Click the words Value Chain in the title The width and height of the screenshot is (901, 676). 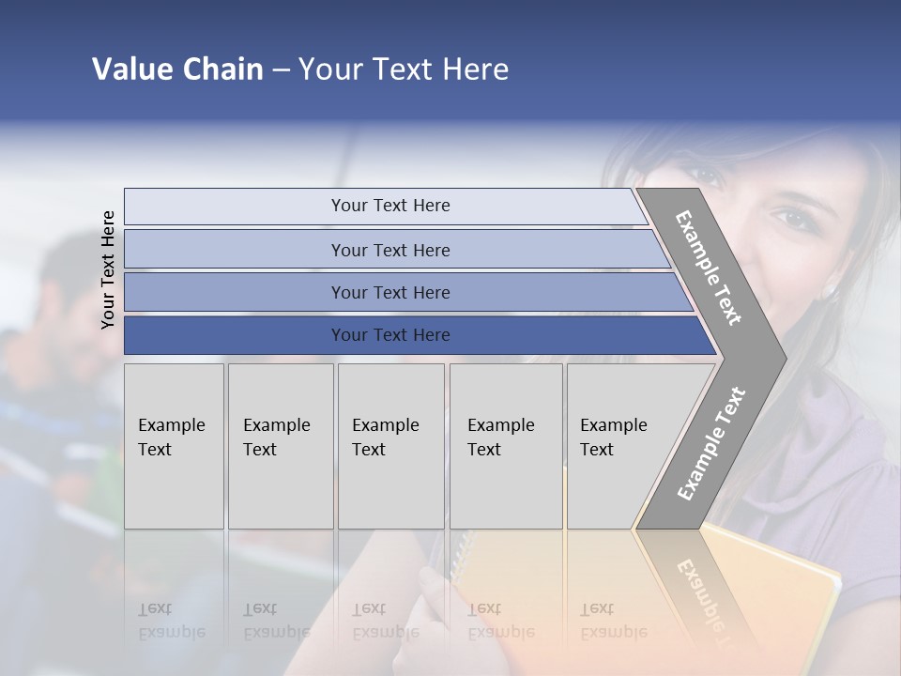tap(177, 69)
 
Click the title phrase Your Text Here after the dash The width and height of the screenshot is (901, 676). tap(404, 69)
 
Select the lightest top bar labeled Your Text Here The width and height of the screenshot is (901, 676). tap(389, 206)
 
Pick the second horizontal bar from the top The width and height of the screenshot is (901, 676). tap(389, 250)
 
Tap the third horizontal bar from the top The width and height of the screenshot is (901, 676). tap(389, 292)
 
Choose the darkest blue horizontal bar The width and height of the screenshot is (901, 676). tap(389, 335)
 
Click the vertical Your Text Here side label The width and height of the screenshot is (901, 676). tap(108, 269)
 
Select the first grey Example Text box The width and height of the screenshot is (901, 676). tap(174, 446)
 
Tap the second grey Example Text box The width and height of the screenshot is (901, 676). tap(280, 446)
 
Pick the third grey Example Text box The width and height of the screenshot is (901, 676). tap(390, 446)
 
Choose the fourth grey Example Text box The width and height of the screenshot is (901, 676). tap(505, 446)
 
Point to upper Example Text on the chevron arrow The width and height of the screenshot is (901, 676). tap(709, 268)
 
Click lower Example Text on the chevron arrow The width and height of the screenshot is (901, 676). tap(710, 444)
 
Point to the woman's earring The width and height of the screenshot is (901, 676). tap(830, 291)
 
